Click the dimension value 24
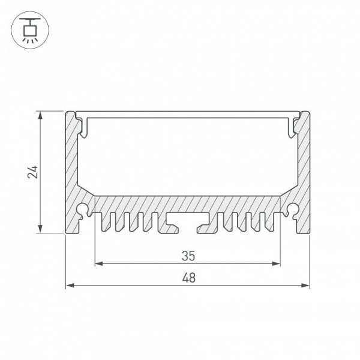pyautogui.click(x=32, y=172)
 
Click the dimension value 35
pyautogui.click(x=188, y=256)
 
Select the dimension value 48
pyautogui.click(x=189, y=278)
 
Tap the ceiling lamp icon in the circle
pyautogui.click(x=30, y=30)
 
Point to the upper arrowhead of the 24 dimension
pyautogui.click(x=40, y=115)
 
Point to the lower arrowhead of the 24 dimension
pyautogui.click(x=40, y=229)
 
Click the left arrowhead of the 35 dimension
pyautogui.click(x=99, y=263)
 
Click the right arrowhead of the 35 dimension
pyautogui.click(x=276, y=263)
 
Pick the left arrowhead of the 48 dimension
pyautogui.click(x=70, y=286)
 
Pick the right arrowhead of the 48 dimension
pyautogui.click(x=305, y=286)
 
